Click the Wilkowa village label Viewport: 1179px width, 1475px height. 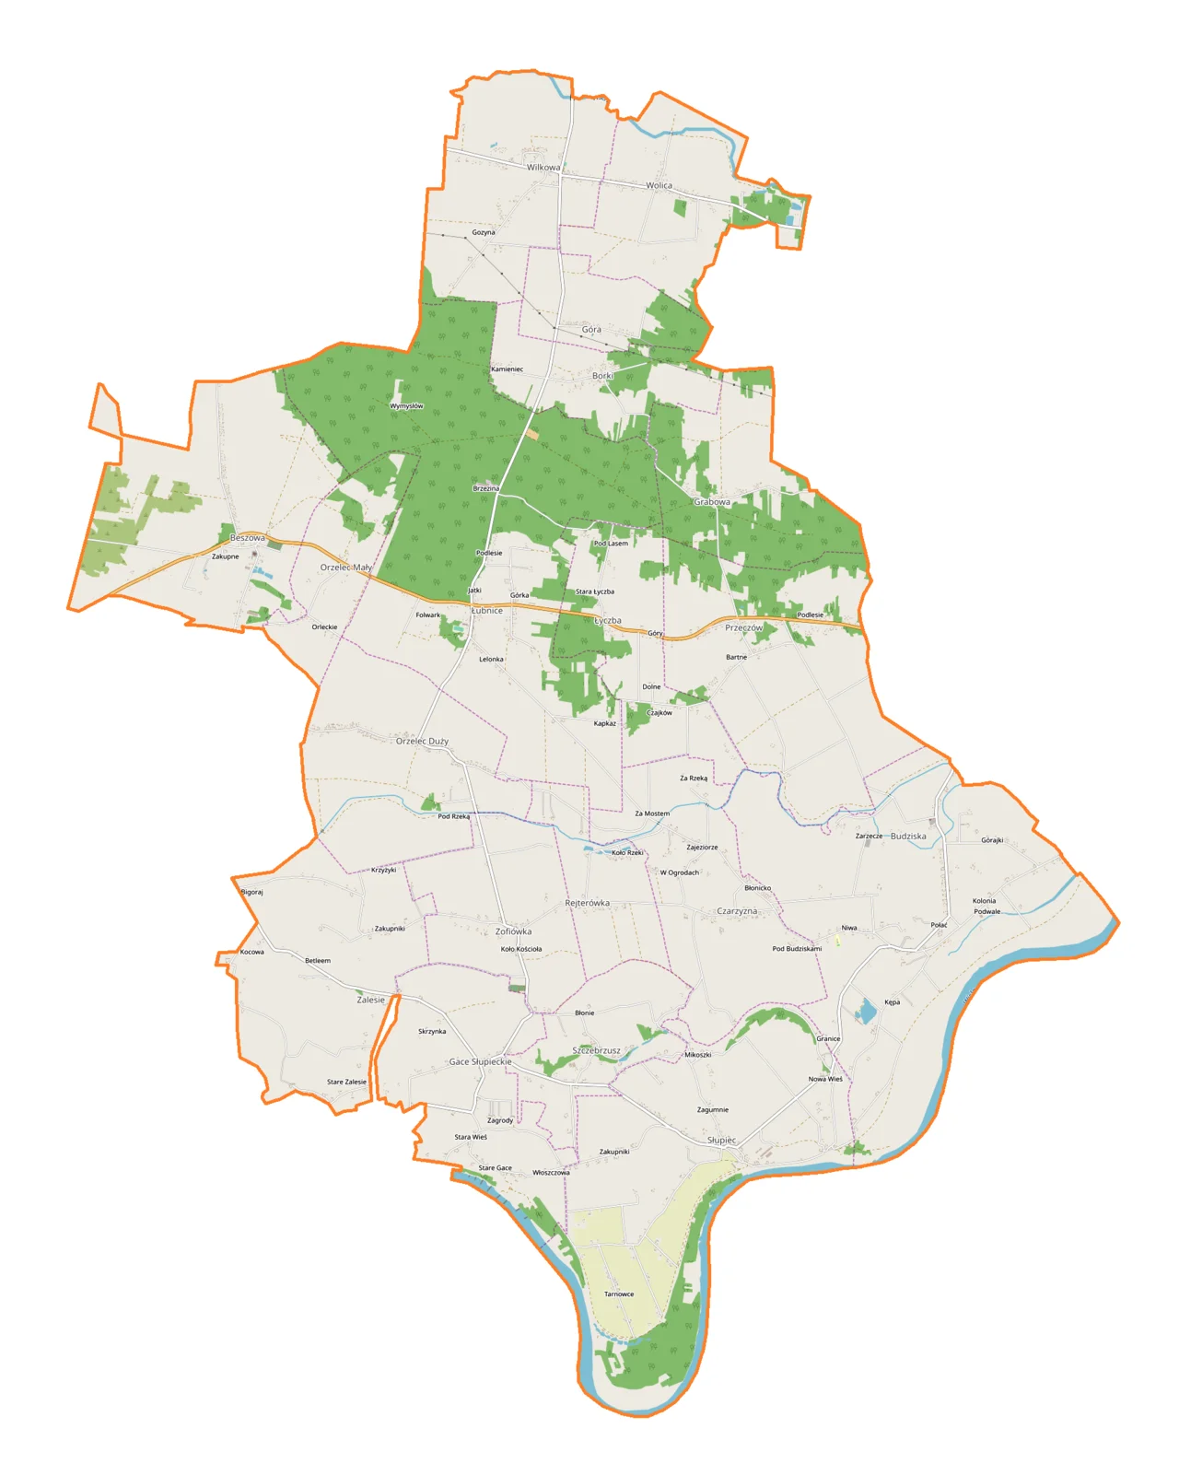pos(543,168)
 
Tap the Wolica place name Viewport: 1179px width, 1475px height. pos(659,185)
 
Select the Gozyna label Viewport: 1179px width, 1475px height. pos(484,232)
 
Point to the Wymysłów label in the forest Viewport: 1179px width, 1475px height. pos(406,405)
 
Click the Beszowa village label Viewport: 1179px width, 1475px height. pos(247,538)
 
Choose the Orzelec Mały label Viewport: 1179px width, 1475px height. pos(346,568)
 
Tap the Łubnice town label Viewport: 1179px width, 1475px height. pos(487,611)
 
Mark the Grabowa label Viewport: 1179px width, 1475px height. pos(712,502)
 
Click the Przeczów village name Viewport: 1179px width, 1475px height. pos(743,627)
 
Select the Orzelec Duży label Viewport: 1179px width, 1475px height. pos(422,741)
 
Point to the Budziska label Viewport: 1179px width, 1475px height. pos(908,837)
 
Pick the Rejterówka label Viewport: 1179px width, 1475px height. pos(587,903)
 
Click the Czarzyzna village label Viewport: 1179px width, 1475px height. pos(737,911)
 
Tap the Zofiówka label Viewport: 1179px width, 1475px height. pos(513,931)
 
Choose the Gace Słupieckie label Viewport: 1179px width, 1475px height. pos(480,1061)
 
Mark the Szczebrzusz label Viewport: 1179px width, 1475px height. pos(596,1050)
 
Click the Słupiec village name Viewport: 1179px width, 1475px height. pos(721,1141)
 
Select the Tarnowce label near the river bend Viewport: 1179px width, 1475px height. pos(619,1294)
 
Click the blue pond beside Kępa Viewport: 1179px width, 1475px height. pos(866,1013)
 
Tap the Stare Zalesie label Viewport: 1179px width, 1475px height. pos(346,1083)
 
